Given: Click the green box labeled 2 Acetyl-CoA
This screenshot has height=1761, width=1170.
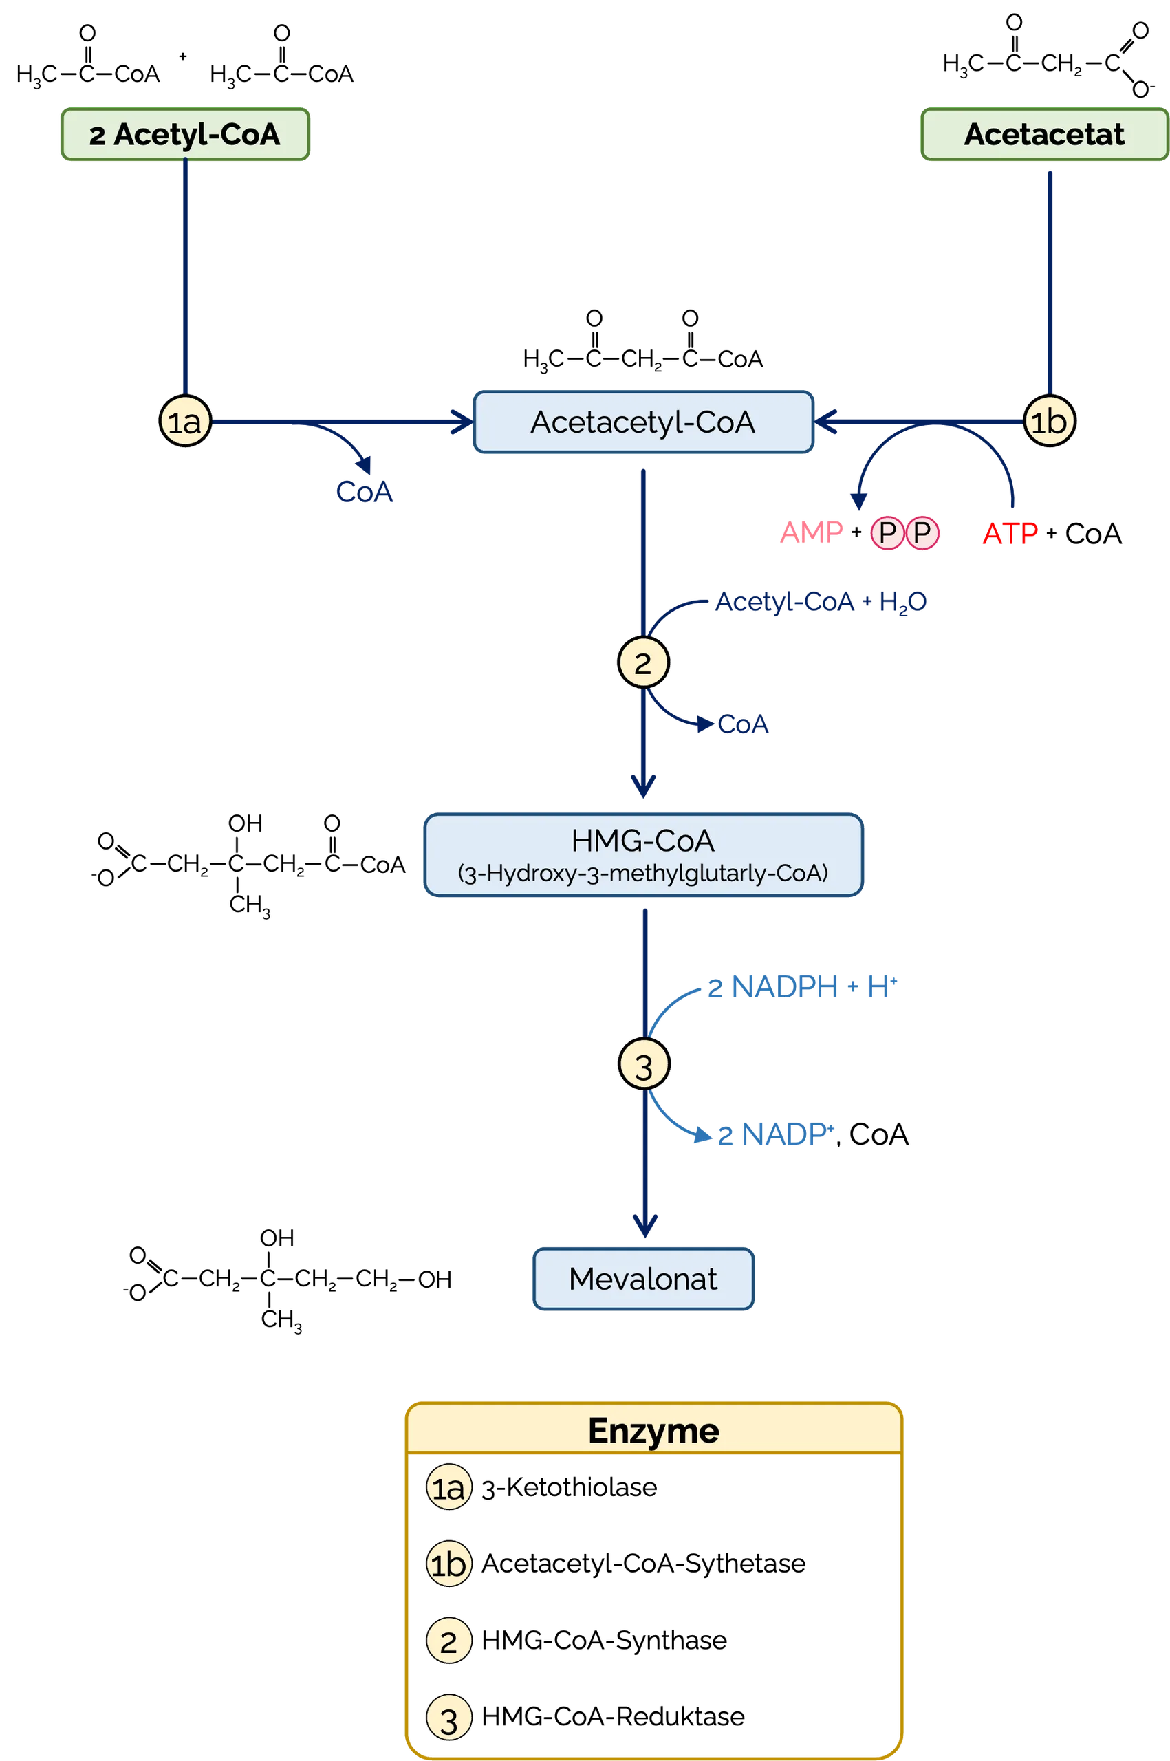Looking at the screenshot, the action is tap(185, 134).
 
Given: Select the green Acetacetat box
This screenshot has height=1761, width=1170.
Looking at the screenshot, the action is tap(1045, 134).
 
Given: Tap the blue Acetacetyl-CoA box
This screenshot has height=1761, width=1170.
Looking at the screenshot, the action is tap(643, 422).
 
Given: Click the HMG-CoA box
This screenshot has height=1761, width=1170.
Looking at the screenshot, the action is tap(643, 854).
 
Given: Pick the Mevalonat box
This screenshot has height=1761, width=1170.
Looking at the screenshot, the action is tap(643, 1278).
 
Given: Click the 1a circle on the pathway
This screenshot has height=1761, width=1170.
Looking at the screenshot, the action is tap(185, 421).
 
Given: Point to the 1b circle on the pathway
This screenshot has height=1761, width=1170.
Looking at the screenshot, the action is tap(1049, 421).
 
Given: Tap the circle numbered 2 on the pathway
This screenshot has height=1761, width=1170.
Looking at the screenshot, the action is tap(643, 662).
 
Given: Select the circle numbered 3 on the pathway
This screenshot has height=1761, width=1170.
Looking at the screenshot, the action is tap(644, 1063).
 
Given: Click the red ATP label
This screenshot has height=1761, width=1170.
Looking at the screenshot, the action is tap(1010, 534).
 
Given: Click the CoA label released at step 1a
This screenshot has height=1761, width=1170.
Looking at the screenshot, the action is tap(364, 492).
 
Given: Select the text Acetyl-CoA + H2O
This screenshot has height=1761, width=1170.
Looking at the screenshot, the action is tap(821, 602).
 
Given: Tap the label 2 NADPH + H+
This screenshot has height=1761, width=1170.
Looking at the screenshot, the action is tap(802, 987).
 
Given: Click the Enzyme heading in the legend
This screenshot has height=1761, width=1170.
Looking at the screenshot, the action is tap(653, 1430).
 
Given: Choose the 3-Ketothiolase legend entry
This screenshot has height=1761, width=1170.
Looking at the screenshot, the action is tap(570, 1487).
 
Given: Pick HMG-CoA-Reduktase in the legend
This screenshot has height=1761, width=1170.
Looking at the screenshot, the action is tap(614, 1716).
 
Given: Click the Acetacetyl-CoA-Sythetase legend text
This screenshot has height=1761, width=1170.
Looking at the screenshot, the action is tap(644, 1564).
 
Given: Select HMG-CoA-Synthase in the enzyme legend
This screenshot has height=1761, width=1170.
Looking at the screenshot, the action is tap(605, 1640).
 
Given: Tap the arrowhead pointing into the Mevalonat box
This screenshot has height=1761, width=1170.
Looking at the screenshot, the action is tap(644, 1226).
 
